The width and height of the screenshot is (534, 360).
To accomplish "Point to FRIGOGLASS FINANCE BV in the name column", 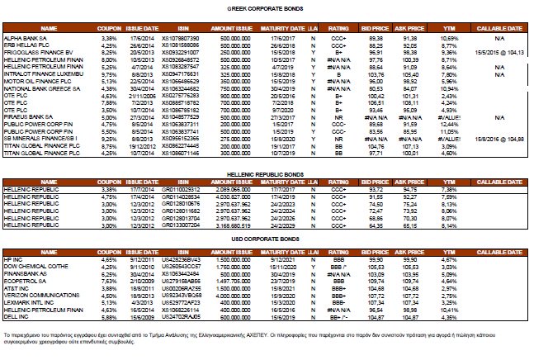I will [x=37, y=50].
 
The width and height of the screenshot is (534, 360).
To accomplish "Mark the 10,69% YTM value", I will [x=449, y=38].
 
